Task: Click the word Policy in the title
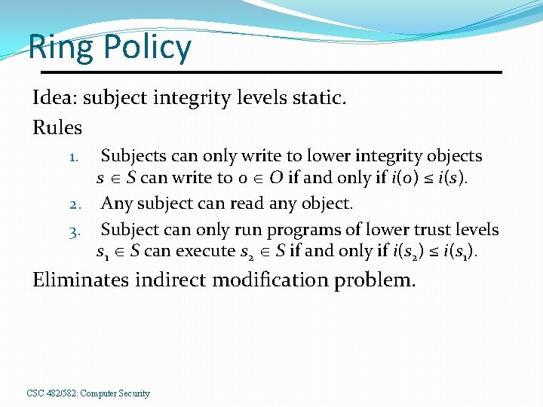click(148, 47)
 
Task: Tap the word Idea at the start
click(56, 98)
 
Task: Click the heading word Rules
click(57, 127)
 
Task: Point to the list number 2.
click(75, 204)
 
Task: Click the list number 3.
click(75, 231)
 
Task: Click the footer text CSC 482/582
click(50, 393)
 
